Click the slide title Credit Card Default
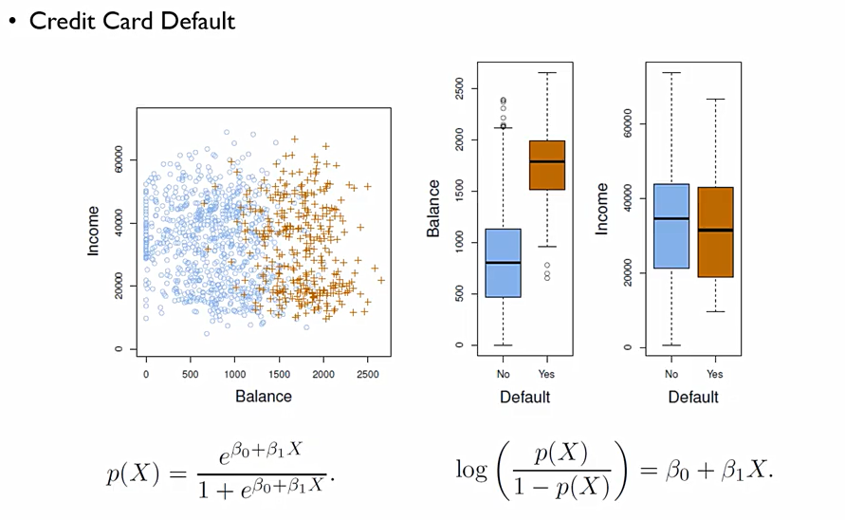coord(132,21)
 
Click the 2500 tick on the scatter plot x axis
coord(368,374)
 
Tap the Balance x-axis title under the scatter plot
coord(263,396)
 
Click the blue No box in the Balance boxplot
coord(503,263)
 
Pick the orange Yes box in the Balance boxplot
coord(547,165)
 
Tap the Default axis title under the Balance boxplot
coord(525,397)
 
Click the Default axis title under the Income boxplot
coord(693,397)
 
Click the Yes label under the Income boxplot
coord(715,374)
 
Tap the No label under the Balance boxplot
coord(503,374)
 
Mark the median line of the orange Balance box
coord(547,161)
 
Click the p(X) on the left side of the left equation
coord(133,474)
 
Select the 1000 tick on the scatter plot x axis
coord(234,374)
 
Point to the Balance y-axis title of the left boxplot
coord(433,208)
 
